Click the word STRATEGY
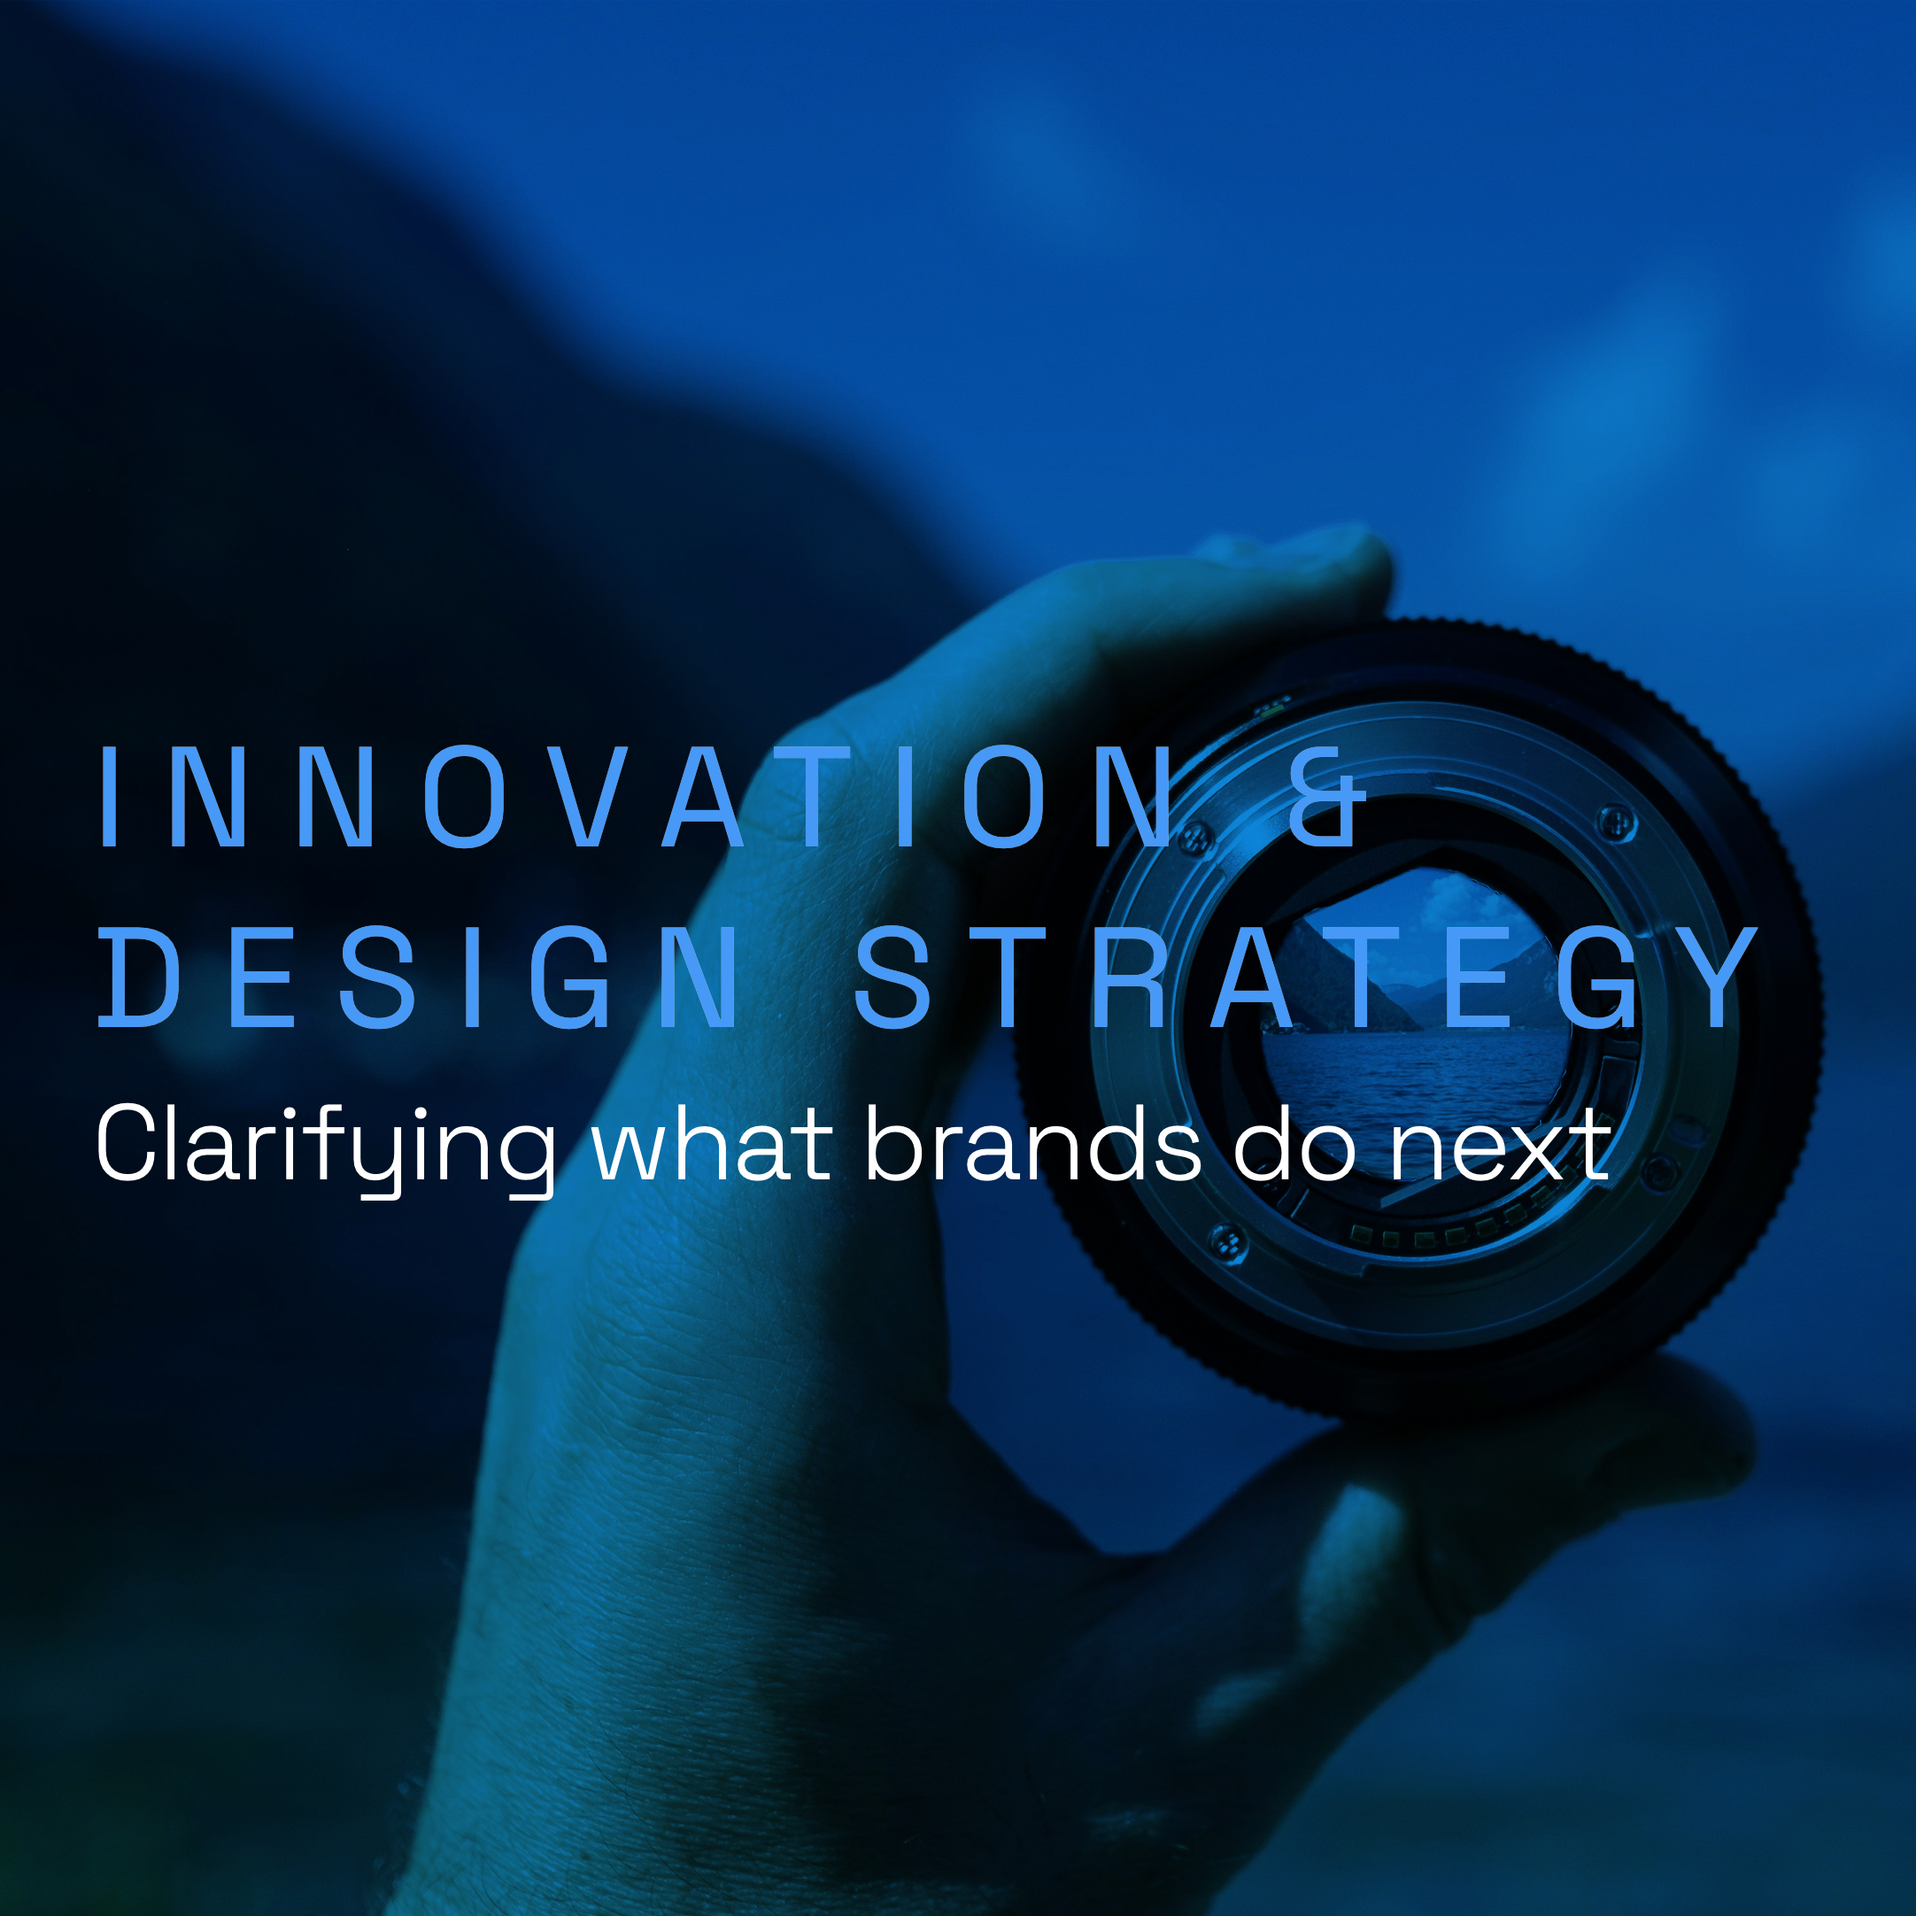(x=1305, y=977)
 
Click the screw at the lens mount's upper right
(x=1618, y=823)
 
